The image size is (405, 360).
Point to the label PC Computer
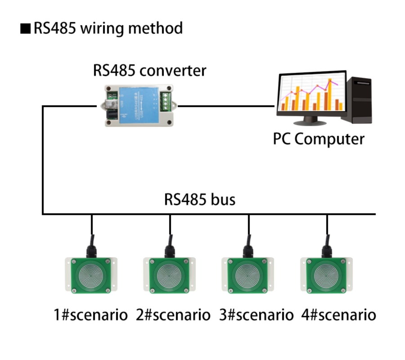(x=318, y=139)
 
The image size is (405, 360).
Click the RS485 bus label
(x=200, y=199)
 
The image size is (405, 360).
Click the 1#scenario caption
(x=90, y=315)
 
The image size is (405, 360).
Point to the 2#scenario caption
(x=173, y=315)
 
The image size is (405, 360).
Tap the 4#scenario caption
(x=338, y=315)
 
